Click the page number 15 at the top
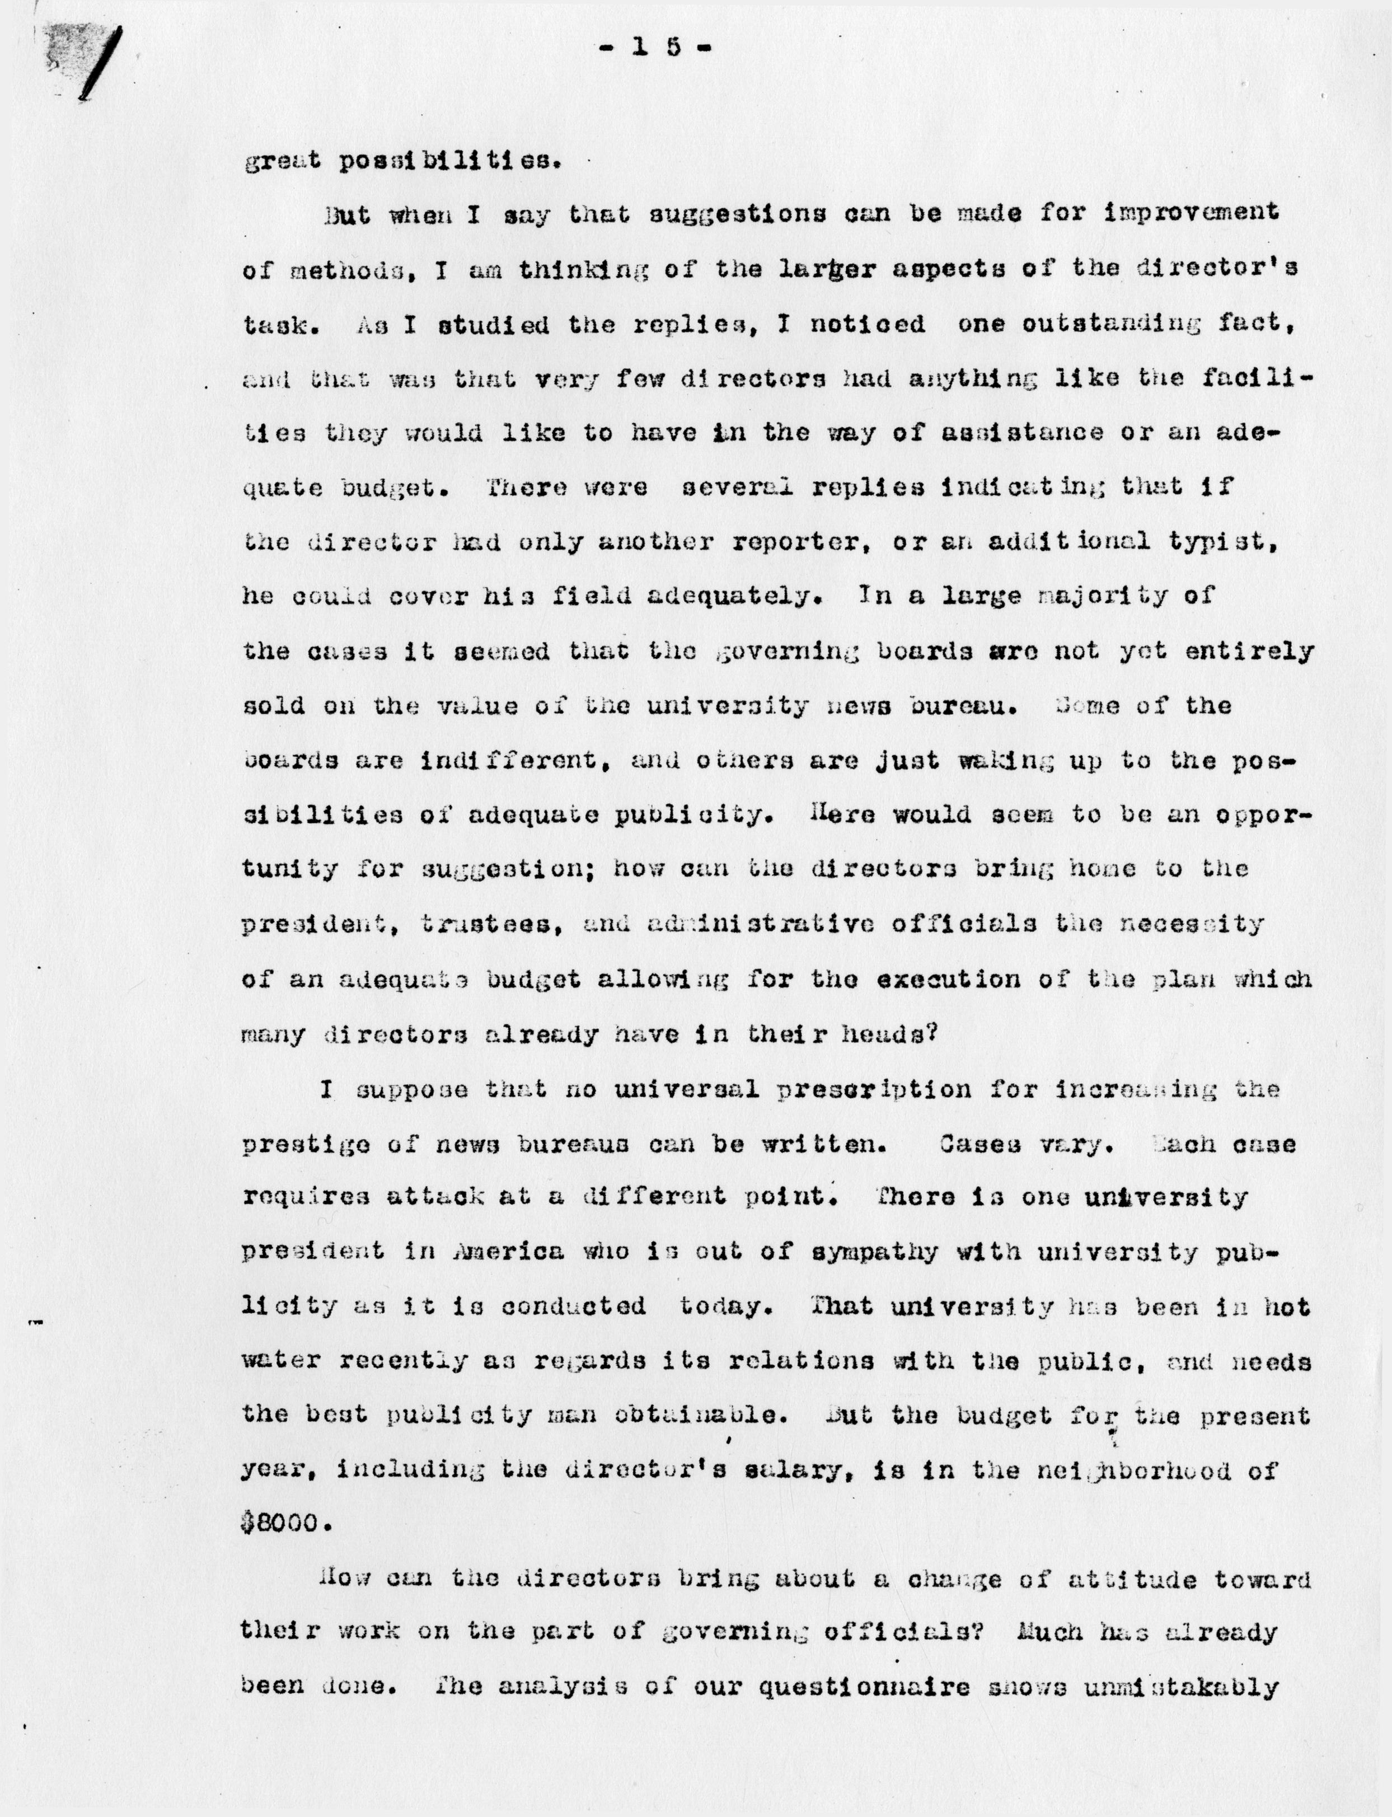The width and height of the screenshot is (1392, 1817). point(654,48)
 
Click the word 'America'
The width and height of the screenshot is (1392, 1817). point(509,1251)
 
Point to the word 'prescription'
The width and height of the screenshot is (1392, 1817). point(874,1089)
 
